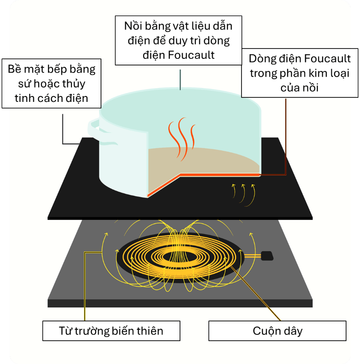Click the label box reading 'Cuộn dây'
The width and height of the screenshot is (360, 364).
pos(277,331)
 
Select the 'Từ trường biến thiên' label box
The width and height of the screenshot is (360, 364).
pos(111,331)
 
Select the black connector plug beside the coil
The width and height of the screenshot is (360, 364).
pos(266,256)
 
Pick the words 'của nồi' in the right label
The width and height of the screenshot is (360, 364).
pos(299,88)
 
